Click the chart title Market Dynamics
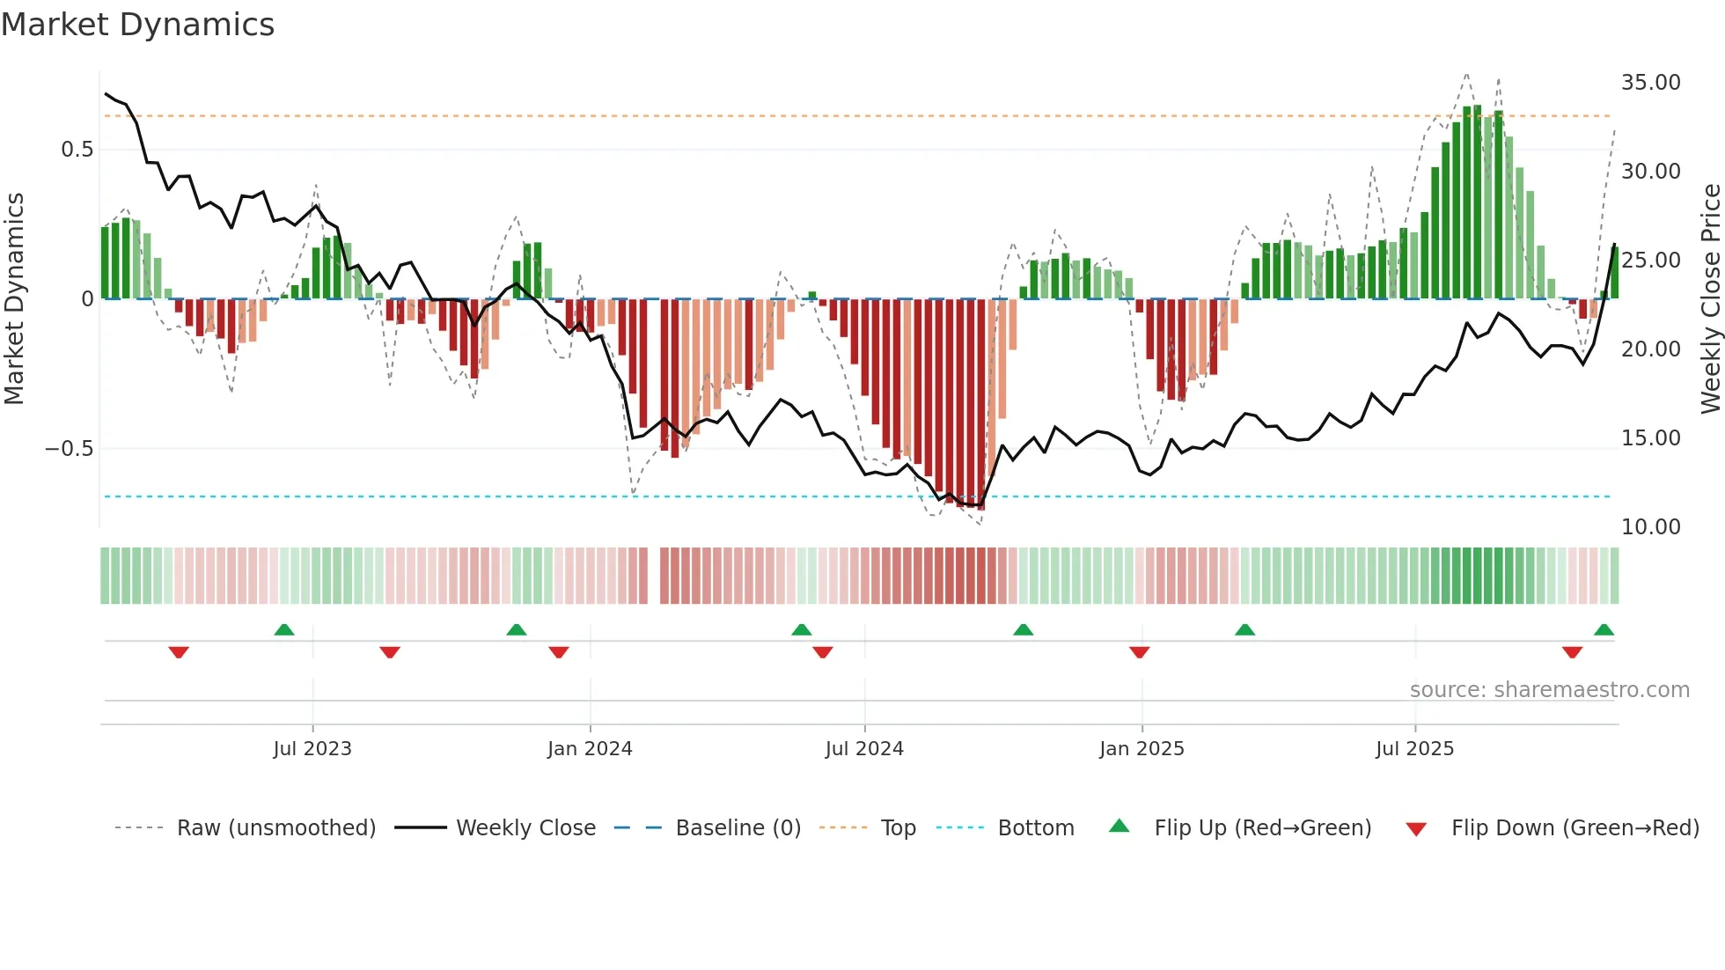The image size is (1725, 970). click(137, 25)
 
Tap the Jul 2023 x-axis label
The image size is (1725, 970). click(312, 749)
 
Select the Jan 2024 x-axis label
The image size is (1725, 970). click(590, 749)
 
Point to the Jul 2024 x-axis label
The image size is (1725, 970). click(864, 749)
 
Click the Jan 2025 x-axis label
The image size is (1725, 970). click(1141, 749)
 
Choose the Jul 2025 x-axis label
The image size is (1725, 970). click(1414, 749)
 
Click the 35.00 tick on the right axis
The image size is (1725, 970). click(1650, 83)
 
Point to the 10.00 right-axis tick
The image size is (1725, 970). click(1650, 527)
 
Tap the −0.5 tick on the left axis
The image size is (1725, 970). click(69, 449)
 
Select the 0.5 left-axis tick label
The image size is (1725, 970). click(77, 150)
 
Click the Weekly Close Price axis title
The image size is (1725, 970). click(1710, 299)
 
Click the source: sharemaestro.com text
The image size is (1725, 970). click(1549, 690)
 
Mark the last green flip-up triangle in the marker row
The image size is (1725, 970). click(1604, 630)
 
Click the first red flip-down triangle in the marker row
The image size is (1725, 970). click(179, 652)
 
